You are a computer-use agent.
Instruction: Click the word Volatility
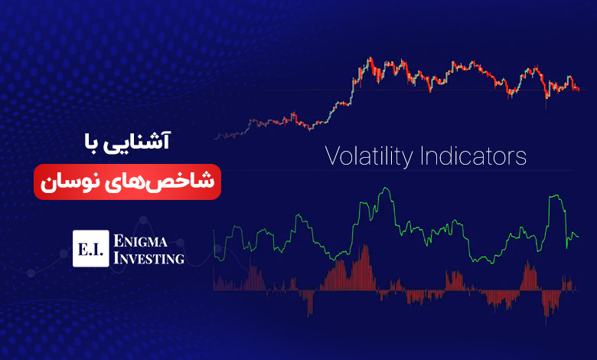tap(369, 156)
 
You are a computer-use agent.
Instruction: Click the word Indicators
tap(473, 155)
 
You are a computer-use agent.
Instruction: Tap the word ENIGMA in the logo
tap(141, 241)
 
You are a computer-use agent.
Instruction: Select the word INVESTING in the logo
tap(149, 258)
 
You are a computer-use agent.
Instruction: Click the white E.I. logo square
tap(91, 248)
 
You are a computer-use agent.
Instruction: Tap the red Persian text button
tap(127, 182)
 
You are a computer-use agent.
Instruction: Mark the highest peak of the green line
tap(386, 188)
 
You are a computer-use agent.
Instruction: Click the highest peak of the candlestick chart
tap(370, 58)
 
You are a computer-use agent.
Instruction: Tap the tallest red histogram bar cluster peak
tap(365, 245)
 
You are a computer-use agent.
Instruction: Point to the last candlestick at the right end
tap(579, 90)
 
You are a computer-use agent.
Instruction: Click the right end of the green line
tap(579, 237)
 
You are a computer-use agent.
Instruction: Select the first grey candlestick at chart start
tap(216, 138)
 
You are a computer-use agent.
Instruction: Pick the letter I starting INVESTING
tap(116, 258)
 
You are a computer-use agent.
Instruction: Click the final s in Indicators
tap(521, 158)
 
